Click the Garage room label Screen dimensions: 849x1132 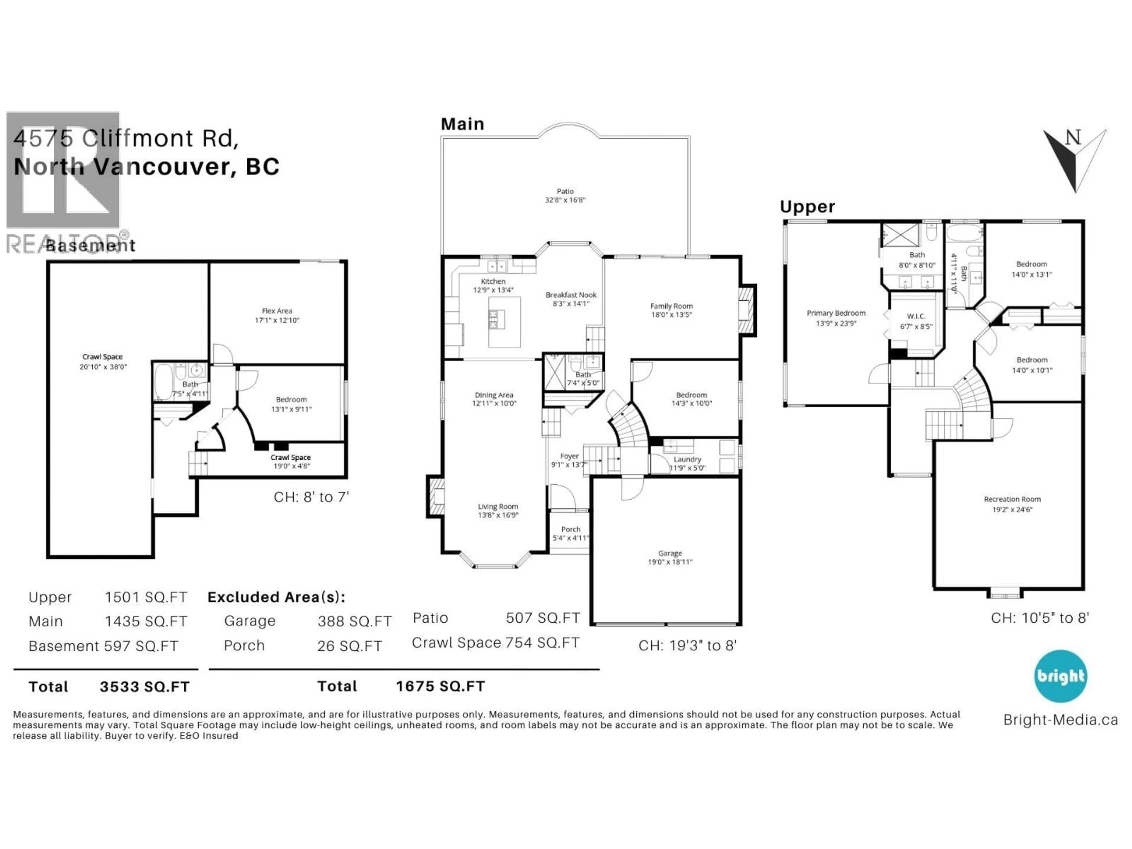click(670, 553)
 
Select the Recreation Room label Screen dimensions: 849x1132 click(1012, 499)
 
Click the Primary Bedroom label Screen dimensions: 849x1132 click(836, 313)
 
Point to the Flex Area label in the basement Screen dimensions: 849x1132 click(277, 311)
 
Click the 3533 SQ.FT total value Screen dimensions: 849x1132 click(144, 687)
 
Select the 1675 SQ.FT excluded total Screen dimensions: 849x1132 click(440, 686)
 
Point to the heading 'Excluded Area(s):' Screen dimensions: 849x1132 click(276, 597)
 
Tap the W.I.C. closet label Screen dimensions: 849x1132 click(916, 316)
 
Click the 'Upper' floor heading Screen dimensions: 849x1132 click(807, 207)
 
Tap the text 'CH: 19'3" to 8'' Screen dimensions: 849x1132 click(687, 646)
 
